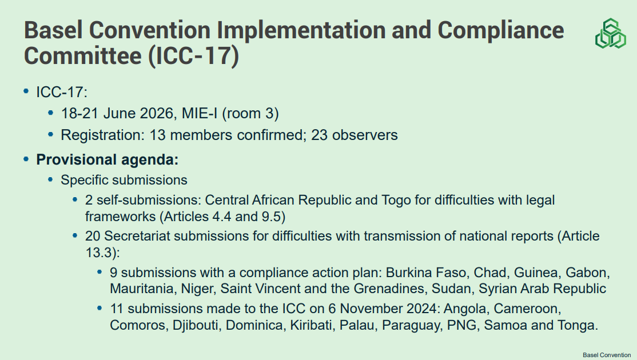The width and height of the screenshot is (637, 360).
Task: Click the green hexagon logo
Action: [610, 33]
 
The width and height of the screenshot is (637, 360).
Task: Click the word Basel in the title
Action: [53, 30]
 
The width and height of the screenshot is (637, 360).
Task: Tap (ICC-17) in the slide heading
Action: [193, 55]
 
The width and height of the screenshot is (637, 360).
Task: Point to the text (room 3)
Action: [250, 113]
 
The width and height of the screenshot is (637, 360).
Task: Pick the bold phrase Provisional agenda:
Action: [108, 159]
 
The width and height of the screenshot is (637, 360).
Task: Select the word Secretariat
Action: [137, 236]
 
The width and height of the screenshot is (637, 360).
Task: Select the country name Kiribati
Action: [311, 325]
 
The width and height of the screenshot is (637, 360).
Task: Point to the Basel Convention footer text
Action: [607, 355]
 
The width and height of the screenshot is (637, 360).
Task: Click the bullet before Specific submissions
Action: [50, 179]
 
